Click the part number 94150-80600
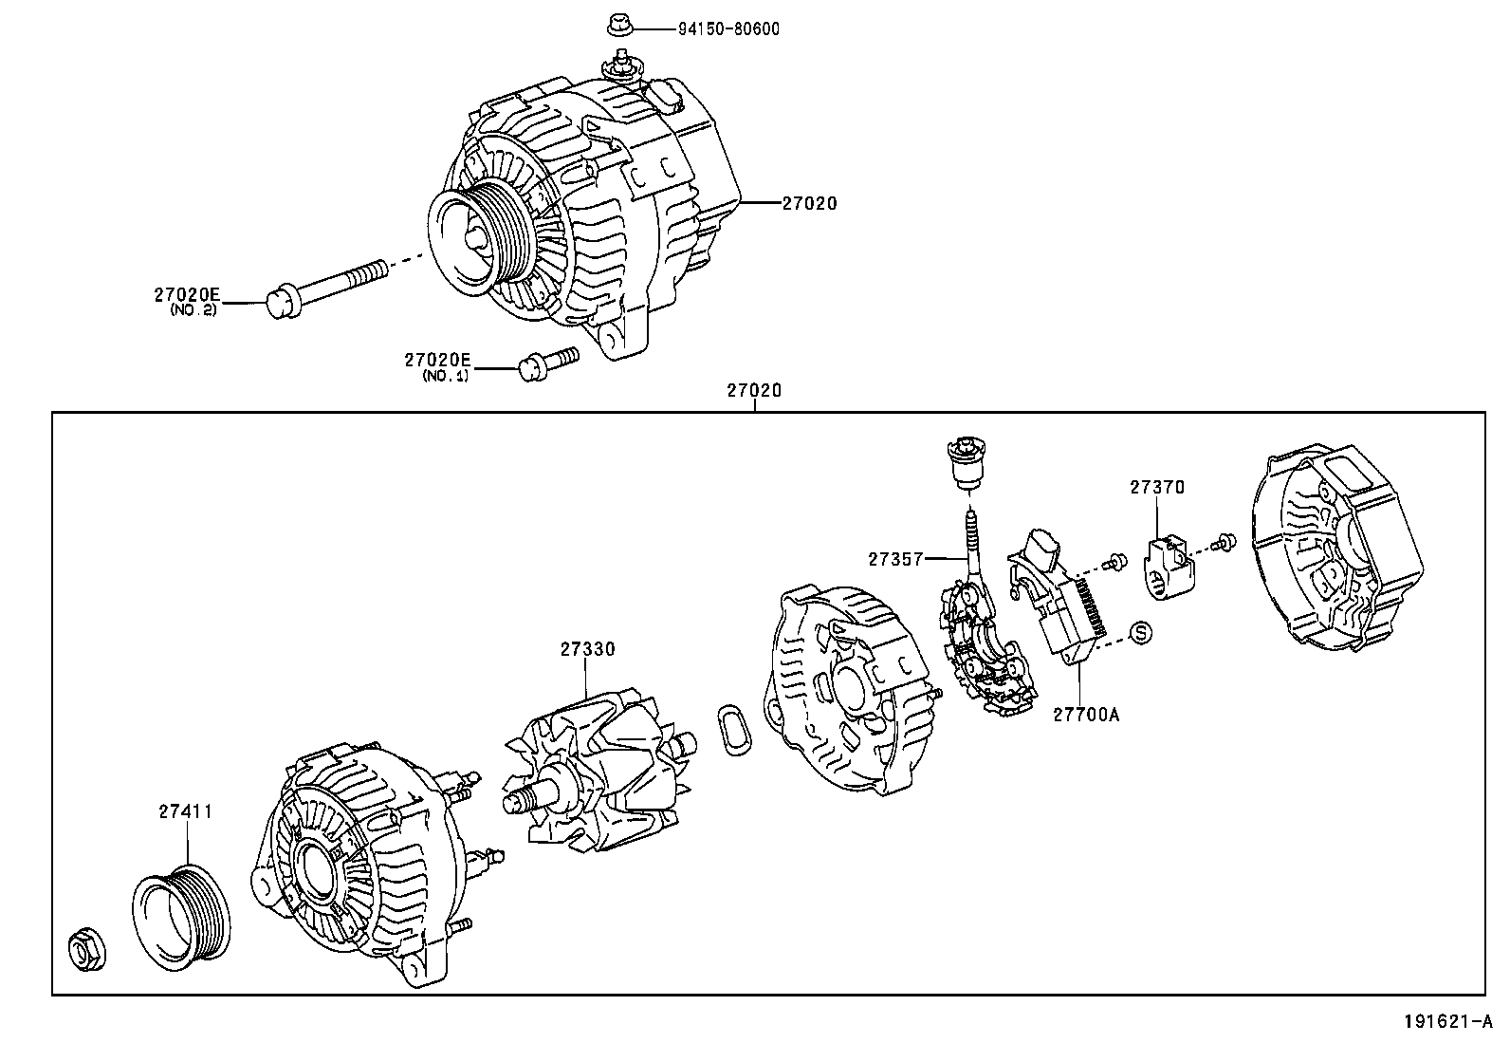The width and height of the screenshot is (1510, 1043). (x=727, y=28)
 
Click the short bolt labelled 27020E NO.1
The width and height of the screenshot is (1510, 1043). (x=547, y=363)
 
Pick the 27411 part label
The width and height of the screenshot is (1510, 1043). (x=185, y=811)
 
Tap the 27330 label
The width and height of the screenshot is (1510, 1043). (x=587, y=649)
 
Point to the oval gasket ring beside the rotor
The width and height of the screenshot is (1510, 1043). (x=732, y=730)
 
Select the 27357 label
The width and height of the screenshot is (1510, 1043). (x=895, y=559)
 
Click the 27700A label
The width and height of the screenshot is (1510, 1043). (x=1085, y=714)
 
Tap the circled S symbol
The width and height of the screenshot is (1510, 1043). (x=1141, y=632)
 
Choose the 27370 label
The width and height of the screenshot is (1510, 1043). (x=1157, y=487)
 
